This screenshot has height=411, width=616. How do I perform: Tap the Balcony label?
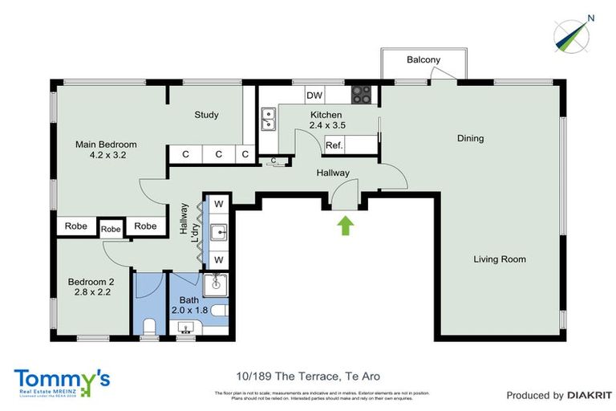click(423, 60)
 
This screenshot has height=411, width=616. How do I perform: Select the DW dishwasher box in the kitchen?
click(314, 96)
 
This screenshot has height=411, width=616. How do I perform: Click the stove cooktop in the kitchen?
click(362, 95)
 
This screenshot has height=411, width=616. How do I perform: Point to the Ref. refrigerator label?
click(334, 145)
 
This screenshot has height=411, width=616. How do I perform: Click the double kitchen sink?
click(269, 120)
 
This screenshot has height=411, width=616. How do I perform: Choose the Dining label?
click(471, 138)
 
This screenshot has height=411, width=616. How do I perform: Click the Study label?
click(206, 115)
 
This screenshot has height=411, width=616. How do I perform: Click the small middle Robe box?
click(111, 229)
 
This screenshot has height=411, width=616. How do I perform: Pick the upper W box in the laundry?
click(218, 204)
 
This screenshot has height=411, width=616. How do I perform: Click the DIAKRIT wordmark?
click(590, 395)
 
